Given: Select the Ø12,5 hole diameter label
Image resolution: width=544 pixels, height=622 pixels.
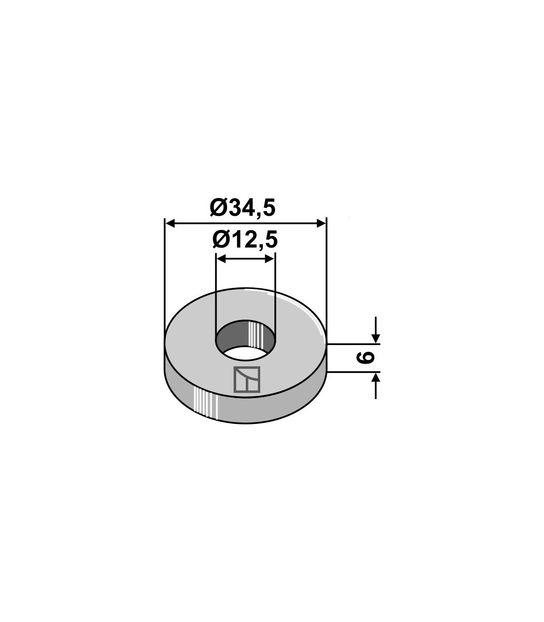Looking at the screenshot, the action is point(245,239).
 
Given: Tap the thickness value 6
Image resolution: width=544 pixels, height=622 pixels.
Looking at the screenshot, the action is point(365,358).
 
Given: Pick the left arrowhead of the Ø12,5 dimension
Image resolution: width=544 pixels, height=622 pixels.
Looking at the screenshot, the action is point(221,259).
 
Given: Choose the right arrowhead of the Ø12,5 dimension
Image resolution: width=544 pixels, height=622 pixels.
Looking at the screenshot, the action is point(270,259).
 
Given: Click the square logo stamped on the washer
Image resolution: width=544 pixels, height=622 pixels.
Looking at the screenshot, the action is point(247,379).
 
